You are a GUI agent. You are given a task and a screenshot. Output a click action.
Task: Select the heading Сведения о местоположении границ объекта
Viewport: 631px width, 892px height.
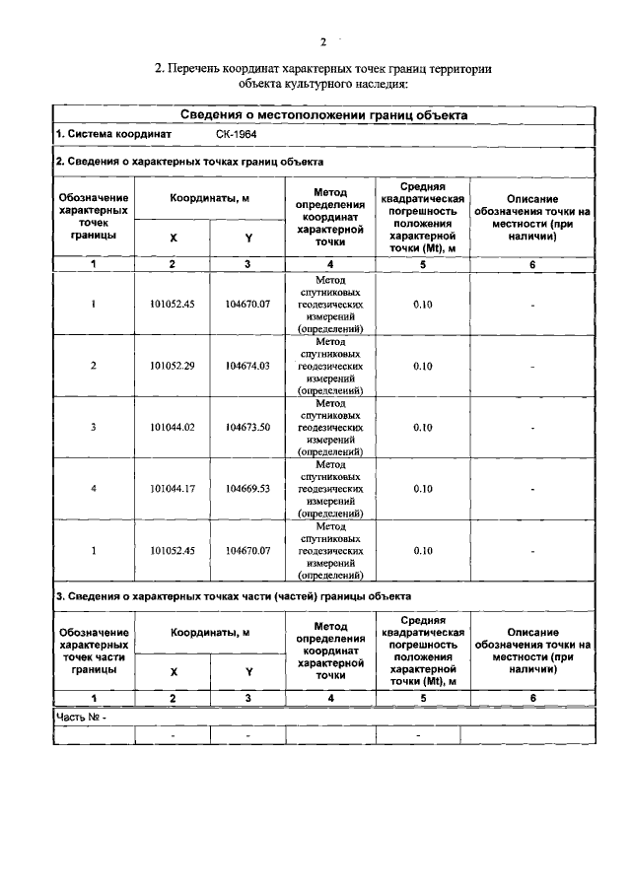pos(323,115)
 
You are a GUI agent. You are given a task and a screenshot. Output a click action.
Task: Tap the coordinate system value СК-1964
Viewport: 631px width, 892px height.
pos(238,133)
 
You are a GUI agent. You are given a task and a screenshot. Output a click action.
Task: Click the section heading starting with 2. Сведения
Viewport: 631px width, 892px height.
pos(189,161)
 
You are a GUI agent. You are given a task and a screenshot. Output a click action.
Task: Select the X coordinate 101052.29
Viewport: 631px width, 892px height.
pos(173,366)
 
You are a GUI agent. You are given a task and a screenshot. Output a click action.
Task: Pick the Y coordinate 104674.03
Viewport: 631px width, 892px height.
pos(247,366)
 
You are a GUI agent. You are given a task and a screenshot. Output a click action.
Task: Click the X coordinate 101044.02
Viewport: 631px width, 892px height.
pos(173,427)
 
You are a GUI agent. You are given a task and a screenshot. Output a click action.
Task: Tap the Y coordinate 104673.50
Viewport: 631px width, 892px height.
pos(247,427)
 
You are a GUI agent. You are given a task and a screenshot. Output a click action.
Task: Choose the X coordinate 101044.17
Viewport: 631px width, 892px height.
pos(173,488)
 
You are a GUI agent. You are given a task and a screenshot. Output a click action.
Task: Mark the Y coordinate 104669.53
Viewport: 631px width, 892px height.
pos(247,488)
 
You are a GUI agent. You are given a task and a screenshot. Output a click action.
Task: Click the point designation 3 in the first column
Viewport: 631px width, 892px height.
pos(94,427)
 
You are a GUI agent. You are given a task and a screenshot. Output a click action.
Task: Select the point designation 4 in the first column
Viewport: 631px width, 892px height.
pos(94,488)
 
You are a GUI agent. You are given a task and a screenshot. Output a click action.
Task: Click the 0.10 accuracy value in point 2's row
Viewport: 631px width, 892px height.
pos(422,366)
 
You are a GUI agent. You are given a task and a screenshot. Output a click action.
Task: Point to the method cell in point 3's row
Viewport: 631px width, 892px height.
pos(330,427)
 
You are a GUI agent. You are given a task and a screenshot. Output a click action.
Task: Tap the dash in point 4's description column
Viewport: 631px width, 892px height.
pos(532,488)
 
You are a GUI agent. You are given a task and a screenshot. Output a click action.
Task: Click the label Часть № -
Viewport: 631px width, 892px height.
pos(81,718)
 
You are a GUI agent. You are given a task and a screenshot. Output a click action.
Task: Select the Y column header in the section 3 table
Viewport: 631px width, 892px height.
pos(248,671)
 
